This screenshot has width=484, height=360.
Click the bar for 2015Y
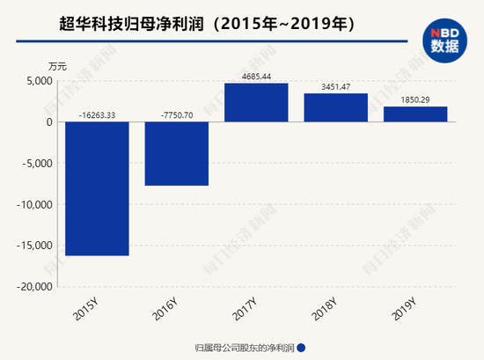coord(98,188)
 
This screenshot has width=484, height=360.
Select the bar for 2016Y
coord(177,153)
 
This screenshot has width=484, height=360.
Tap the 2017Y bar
coord(256,102)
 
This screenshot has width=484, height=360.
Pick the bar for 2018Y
coord(335,107)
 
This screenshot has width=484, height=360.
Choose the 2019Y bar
coord(414,114)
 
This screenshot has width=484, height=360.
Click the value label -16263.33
coord(98,113)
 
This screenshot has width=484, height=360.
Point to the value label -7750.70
coord(177,113)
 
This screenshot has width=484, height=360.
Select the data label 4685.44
coord(256,75)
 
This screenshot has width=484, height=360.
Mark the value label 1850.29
coord(414,98)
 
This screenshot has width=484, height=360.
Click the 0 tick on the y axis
coord(49,122)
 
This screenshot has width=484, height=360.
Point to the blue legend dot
coord(301,347)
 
